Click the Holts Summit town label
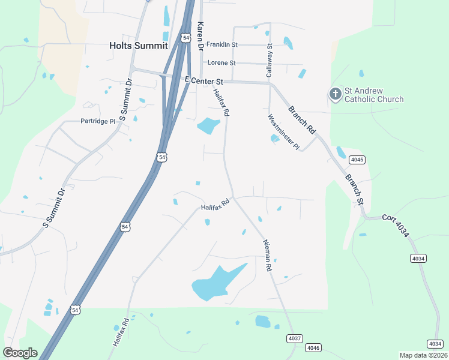(x=139, y=45)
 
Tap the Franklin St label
(x=222, y=44)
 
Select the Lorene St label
(x=221, y=62)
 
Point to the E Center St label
(x=204, y=80)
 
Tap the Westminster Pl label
(x=283, y=133)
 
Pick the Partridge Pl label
(x=97, y=121)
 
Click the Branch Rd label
(x=301, y=120)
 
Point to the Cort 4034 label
(x=396, y=226)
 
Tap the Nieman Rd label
(x=267, y=255)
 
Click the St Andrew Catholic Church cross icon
(x=335, y=94)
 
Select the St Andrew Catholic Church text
(x=373, y=95)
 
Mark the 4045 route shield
(x=358, y=160)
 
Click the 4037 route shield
(x=294, y=338)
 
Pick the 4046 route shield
(x=313, y=348)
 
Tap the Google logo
(x=20, y=353)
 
